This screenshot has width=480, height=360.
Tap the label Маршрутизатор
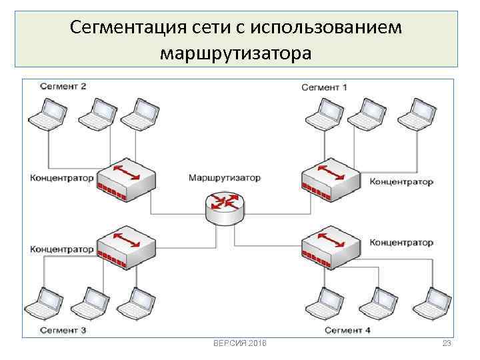click(x=224, y=178)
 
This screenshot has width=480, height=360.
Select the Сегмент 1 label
click(x=324, y=87)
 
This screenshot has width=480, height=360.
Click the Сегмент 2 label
click(x=63, y=86)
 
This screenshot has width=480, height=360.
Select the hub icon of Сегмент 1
click(x=329, y=178)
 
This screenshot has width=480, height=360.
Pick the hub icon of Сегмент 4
click(x=331, y=248)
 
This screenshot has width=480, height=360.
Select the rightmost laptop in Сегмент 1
click(x=417, y=113)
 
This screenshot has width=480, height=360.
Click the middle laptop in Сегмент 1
click(x=367, y=113)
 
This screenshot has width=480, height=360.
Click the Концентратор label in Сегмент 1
click(x=401, y=181)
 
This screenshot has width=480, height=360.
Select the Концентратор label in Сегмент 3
click(x=62, y=249)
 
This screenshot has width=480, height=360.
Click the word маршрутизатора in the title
click(x=235, y=51)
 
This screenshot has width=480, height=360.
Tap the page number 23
click(x=447, y=343)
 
